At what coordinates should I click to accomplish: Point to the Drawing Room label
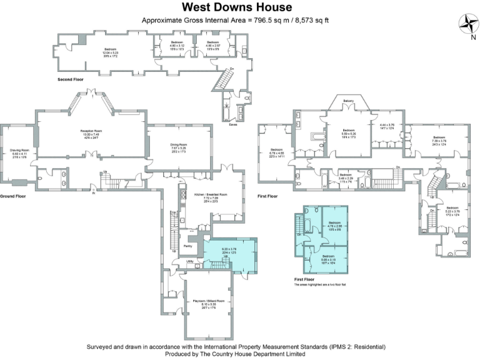[21, 152]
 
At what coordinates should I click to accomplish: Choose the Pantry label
[187, 246]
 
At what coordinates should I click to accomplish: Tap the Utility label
[189, 262]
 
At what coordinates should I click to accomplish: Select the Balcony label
[348, 101]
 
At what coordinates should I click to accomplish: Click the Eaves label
[232, 124]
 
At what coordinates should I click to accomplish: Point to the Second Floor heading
[70, 79]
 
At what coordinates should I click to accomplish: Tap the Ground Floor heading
[13, 196]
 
